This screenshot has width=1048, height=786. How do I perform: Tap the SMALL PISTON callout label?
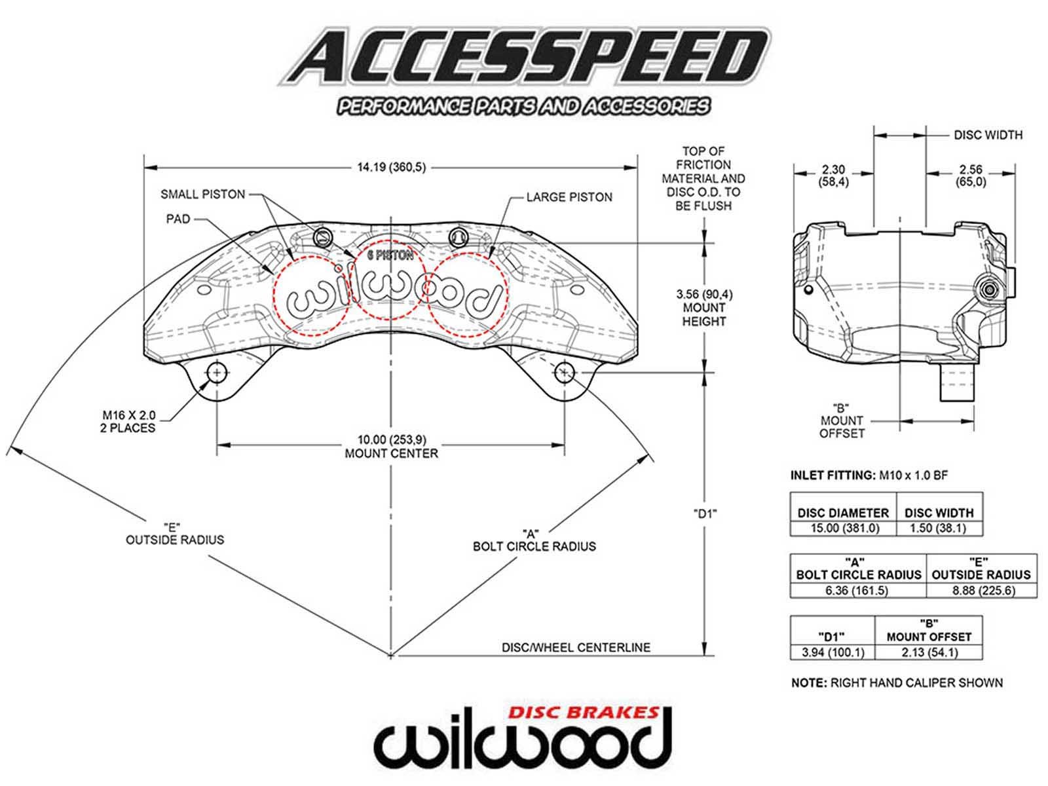[x=202, y=194]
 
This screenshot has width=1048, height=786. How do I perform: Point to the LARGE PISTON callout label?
[x=569, y=197]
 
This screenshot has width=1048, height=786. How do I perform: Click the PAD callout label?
[x=178, y=219]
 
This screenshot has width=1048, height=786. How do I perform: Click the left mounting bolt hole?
[x=217, y=373]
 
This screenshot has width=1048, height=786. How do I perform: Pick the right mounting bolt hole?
[x=564, y=373]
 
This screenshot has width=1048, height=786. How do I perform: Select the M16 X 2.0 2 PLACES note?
[x=128, y=421]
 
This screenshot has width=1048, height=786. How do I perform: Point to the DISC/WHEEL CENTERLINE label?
[x=576, y=647]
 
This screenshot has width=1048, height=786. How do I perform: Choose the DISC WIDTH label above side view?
[x=988, y=135]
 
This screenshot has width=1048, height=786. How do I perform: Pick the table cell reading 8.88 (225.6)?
[x=981, y=590]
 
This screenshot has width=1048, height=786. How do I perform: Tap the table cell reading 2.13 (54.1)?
[x=929, y=652]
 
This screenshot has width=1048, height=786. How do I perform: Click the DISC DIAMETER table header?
[x=842, y=513]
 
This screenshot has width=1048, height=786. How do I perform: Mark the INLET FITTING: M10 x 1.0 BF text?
[x=869, y=476]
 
